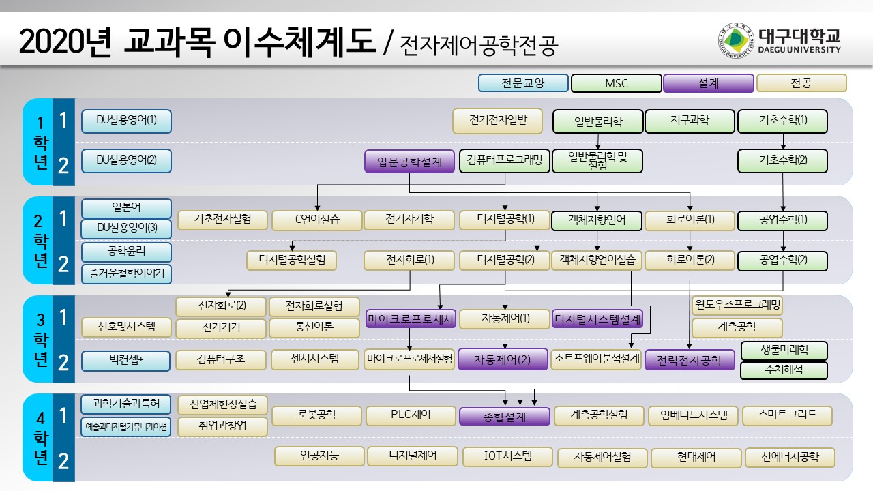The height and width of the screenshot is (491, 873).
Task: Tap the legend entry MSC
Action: tap(617, 83)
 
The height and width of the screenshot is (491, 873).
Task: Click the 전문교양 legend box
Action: tap(523, 83)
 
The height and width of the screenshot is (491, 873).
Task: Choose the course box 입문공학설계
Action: tap(409, 162)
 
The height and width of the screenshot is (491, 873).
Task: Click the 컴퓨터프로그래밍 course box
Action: tap(504, 161)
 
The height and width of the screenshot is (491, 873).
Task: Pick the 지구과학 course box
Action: tap(690, 121)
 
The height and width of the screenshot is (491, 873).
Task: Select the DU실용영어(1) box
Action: tap(126, 121)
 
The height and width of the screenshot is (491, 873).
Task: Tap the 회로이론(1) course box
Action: tap(690, 220)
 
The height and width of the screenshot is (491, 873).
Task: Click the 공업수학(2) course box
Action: tap(782, 261)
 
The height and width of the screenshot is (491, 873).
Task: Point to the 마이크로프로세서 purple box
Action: tap(411, 319)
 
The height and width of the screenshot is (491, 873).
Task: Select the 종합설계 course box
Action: tap(505, 416)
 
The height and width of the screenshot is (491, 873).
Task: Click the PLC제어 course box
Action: tap(411, 415)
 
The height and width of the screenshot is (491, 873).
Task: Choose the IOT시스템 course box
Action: tap(507, 456)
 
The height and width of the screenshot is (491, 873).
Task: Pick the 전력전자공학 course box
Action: tap(689, 360)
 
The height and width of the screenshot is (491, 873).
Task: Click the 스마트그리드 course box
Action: tap(786, 414)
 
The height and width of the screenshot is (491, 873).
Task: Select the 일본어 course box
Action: tap(126, 207)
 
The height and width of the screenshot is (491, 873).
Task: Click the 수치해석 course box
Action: tap(784, 371)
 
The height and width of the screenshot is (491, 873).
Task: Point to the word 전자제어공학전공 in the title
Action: tap(479, 46)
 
